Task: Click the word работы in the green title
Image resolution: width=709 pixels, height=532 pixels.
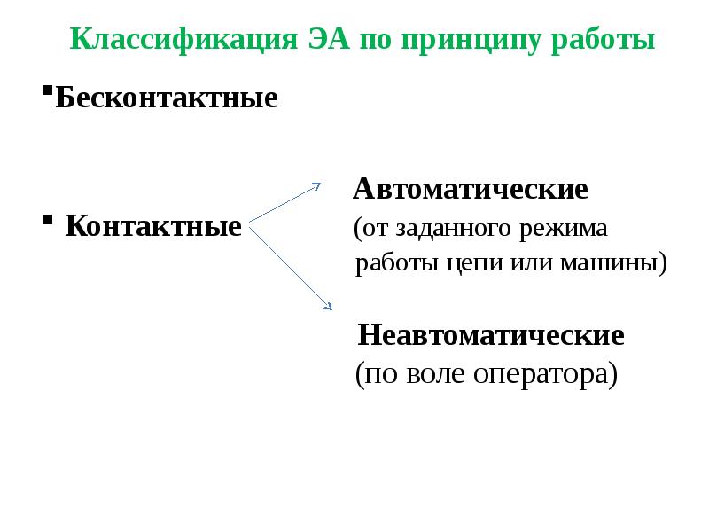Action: click(604, 40)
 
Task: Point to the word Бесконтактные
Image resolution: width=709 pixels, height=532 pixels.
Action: click(167, 98)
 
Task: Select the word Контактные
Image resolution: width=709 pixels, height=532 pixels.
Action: click(153, 226)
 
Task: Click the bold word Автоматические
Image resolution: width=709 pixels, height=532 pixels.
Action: click(471, 189)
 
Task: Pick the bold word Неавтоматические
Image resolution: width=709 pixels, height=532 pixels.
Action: click(490, 335)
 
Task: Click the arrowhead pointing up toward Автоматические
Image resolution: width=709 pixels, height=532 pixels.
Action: click(316, 186)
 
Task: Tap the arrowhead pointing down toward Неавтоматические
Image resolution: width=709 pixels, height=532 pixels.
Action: click(327, 307)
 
